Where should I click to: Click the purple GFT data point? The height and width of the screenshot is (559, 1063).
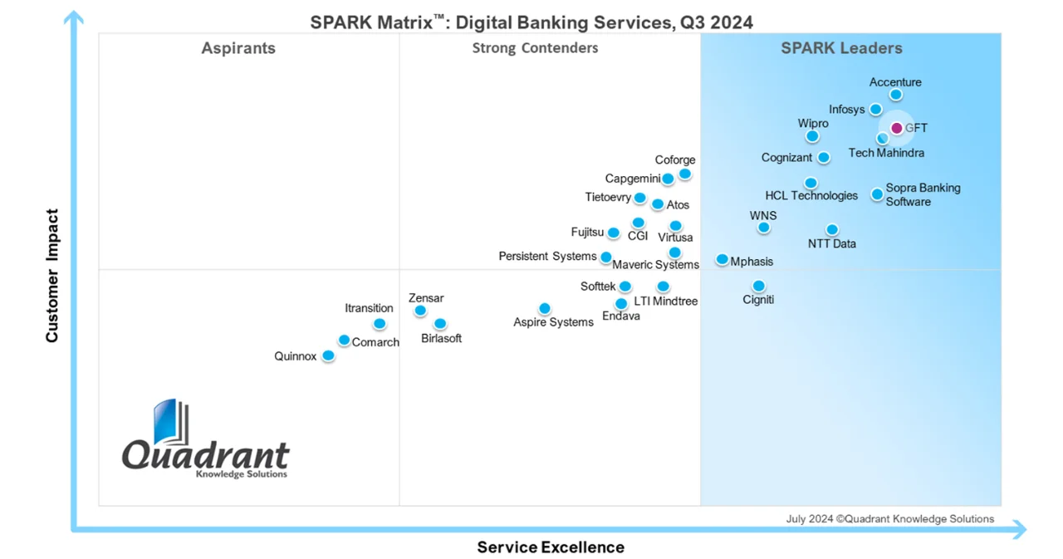pyautogui.click(x=896, y=128)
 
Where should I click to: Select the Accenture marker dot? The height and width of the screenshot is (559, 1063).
pyautogui.click(x=895, y=95)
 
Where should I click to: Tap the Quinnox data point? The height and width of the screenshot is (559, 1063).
pyautogui.click(x=328, y=356)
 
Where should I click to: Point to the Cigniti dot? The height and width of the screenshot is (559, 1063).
pyautogui.click(x=758, y=286)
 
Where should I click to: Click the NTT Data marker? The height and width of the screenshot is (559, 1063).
pyautogui.click(x=831, y=229)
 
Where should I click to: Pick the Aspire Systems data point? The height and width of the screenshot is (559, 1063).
pyautogui.click(x=544, y=308)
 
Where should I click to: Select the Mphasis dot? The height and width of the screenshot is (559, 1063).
pyautogui.click(x=722, y=260)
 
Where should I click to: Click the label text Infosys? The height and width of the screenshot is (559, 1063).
pyautogui.click(x=846, y=110)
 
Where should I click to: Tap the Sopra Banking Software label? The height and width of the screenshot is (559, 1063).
pyautogui.click(x=922, y=194)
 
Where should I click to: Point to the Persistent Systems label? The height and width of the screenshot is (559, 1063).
pyautogui.click(x=547, y=257)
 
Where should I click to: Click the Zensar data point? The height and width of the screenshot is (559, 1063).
pyautogui.click(x=420, y=311)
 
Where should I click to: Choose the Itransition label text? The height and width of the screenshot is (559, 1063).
pyautogui.click(x=369, y=308)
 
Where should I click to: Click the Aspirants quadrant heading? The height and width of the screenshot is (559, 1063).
pyautogui.click(x=238, y=48)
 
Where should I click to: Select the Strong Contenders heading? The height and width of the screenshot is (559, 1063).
pyautogui.click(x=535, y=48)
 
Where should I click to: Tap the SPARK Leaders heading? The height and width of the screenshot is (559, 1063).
pyautogui.click(x=841, y=48)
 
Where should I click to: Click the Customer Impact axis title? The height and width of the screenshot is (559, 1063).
pyautogui.click(x=52, y=276)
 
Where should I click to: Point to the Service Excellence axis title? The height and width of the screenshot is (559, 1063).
pyautogui.click(x=550, y=547)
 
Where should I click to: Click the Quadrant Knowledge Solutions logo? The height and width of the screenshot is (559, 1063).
pyautogui.click(x=205, y=440)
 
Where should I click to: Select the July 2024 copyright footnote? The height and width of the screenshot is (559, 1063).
pyautogui.click(x=889, y=519)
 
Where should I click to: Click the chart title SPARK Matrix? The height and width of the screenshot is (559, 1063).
pyautogui.click(x=531, y=22)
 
